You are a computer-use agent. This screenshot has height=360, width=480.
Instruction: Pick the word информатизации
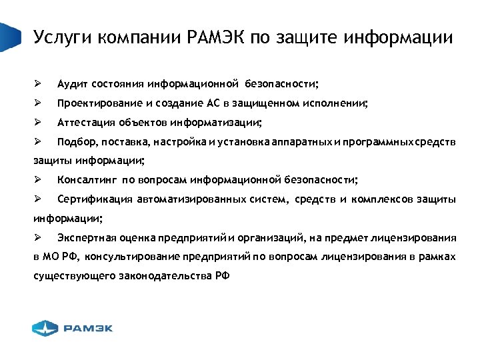(215, 123)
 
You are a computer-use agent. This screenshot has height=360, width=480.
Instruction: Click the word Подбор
(74, 142)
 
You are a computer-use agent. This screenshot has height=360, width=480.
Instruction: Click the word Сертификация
(94, 199)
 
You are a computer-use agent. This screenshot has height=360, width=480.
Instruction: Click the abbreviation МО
(52, 257)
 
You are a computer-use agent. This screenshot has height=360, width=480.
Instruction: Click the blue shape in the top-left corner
(7, 37)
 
